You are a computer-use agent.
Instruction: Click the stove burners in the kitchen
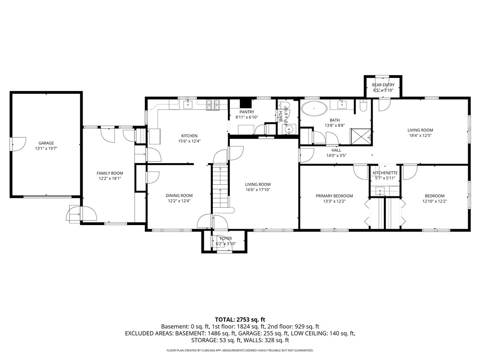tap(213, 105)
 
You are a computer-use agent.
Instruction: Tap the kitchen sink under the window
tap(187, 105)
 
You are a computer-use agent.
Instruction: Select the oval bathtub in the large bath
tap(314, 109)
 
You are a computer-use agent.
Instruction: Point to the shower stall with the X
tap(360, 136)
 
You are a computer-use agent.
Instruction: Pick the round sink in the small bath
tap(289, 130)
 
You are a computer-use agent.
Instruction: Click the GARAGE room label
tap(46, 143)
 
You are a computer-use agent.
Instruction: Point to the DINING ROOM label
tap(179, 195)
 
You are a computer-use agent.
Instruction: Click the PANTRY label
tap(247, 112)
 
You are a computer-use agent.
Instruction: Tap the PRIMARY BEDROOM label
tap(334, 196)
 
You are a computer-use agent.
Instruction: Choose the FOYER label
tap(226, 239)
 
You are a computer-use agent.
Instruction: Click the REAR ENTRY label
tap(383, 85)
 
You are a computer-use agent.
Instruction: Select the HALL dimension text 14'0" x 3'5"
tap(336, 156)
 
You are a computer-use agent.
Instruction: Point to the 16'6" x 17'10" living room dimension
tap(258, 190)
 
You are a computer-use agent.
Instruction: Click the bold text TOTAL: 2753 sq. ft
tap(240, 320)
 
